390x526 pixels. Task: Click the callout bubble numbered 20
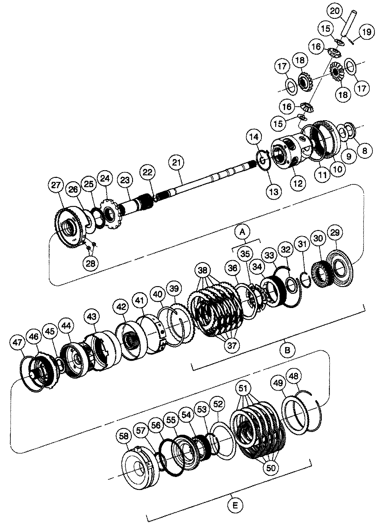[335, 11]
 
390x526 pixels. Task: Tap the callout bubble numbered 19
[367, 32]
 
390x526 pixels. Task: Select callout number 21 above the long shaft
[176, 163]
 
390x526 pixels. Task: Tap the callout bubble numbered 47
[18, 343]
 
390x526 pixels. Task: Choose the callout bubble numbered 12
[298, 183]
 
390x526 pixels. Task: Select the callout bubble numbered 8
[365, 150]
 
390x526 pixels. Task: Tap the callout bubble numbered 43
[91, 317]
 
